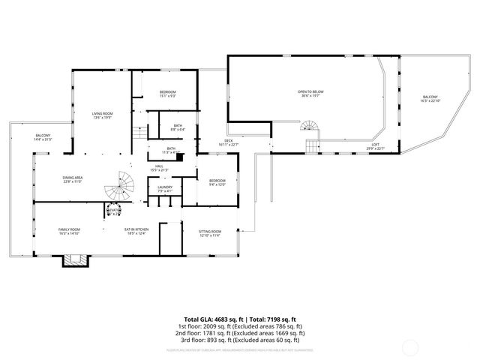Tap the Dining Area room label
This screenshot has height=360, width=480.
click(73, 179)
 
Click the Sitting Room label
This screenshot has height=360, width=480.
click(209, 233)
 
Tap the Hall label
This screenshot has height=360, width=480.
click(159, 168)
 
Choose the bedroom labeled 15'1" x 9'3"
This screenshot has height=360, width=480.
click(167, 94)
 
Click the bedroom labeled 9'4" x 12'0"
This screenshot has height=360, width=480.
click(217, 182)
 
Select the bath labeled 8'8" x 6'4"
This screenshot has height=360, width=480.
click(178, 127)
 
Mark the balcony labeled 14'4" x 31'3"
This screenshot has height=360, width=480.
click(43, 137)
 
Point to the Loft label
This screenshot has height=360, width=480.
click(375, 146)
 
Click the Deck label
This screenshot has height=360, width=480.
click(228, 143)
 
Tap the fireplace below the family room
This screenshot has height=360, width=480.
click(73, 259)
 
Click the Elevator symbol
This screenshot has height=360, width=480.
click(115, 208)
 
